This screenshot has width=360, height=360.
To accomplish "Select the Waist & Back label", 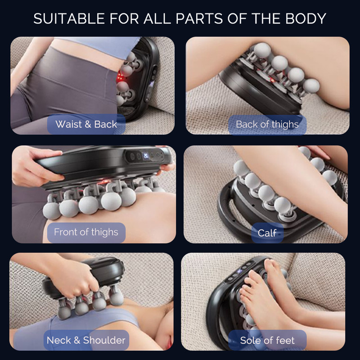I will coord(86,124).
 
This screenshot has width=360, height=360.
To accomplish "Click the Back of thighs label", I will coord(267,124).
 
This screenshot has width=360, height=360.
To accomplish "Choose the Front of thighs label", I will coord(86,232).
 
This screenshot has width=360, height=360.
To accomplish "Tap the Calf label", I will coord(267,233).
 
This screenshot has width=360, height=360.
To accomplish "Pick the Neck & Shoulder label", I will coord(86,340).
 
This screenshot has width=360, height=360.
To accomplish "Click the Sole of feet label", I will coord(267,340).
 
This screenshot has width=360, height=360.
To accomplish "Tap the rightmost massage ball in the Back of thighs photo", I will coord(311,85).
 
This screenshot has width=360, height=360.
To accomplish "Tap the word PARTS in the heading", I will coord(203,19).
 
